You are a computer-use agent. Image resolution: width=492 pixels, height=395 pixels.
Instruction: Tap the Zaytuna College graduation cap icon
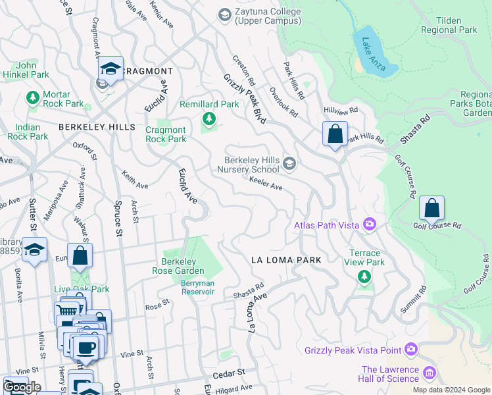(225, 13)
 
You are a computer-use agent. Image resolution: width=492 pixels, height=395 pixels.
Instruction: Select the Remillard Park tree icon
(209, 118)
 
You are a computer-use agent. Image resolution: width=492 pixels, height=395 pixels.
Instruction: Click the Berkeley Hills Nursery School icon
(289, 163)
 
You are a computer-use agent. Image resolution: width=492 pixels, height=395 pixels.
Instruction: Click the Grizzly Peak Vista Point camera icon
(412, 348)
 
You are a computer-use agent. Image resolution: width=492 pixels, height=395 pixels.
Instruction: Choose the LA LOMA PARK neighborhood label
(287, 260)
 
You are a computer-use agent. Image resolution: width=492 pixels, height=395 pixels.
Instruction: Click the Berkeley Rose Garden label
(184, 266)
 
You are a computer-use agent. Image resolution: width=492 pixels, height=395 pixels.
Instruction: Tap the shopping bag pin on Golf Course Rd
(431, 208)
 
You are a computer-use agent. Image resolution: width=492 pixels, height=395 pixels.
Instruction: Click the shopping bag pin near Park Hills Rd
(335, 134)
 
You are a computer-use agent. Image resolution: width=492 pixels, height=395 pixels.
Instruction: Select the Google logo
(22, 387)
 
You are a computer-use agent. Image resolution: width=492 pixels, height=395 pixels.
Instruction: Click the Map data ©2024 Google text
(451, 390)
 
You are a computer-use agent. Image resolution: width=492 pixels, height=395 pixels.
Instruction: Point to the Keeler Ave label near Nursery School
(266, 184)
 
